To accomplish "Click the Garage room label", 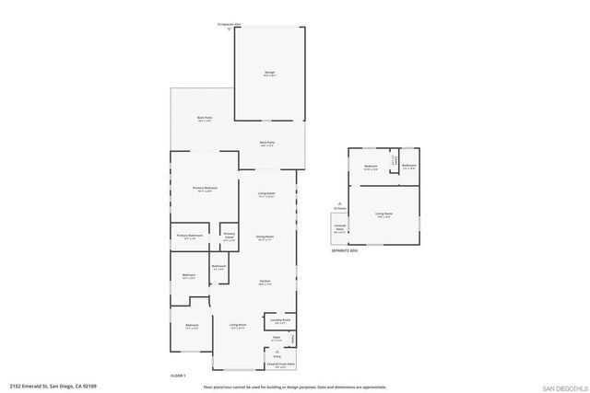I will coord(269,74).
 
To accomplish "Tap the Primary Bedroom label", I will coord(204,189).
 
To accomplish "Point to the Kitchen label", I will coord(265,282).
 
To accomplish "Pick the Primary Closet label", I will coord(229,237).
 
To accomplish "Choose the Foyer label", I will coord(276,340).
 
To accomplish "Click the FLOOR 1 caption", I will coord(178,376).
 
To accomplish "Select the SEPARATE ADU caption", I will coord(345,250).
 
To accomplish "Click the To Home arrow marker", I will coord(340,205).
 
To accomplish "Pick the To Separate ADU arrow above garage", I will coord(229,25).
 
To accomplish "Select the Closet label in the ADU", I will coord(393,161).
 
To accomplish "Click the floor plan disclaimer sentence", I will coord(292,387).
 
